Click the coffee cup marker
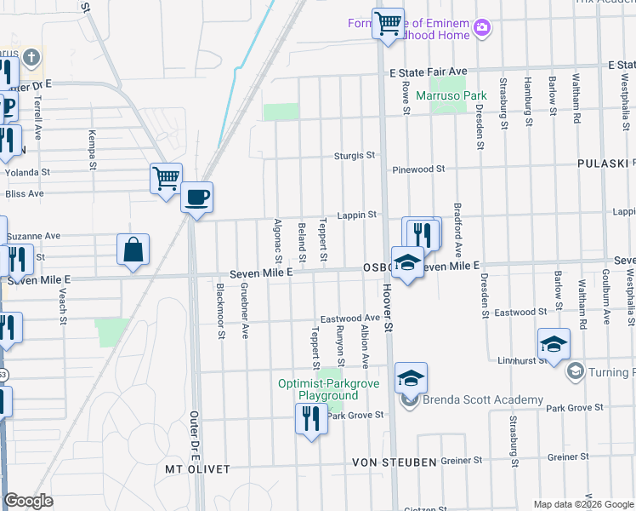click(x=196, y=198)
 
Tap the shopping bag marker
click(x=133, y=250)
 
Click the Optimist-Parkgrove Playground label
click(x=317, y=390)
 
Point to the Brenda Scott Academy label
click(x=483, y=399)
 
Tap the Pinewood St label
click(x=419, y=169)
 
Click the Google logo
click(x=28, y=501)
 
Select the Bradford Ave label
click(x=457, y=230)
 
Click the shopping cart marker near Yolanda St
click(x=166, y=179)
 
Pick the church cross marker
click(x=31, y=59)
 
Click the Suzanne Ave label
click(x=34, y=235)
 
